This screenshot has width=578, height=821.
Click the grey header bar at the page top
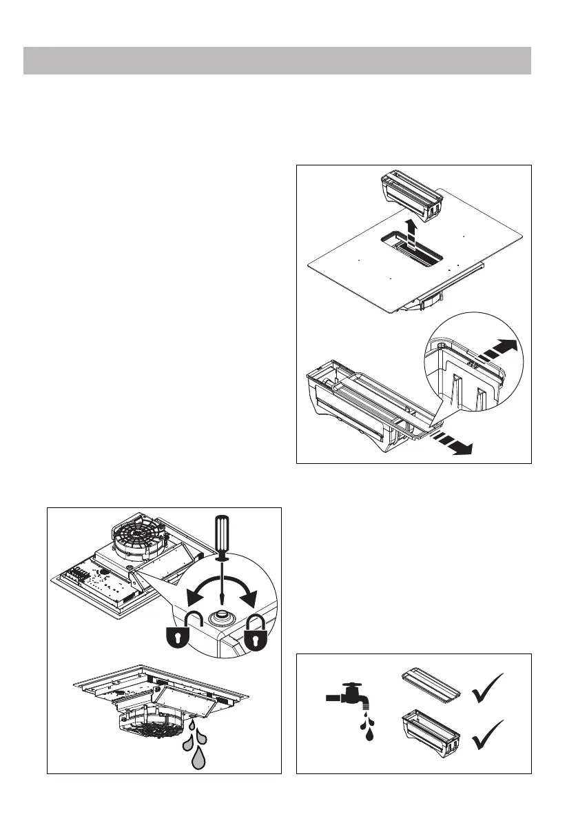277,61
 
